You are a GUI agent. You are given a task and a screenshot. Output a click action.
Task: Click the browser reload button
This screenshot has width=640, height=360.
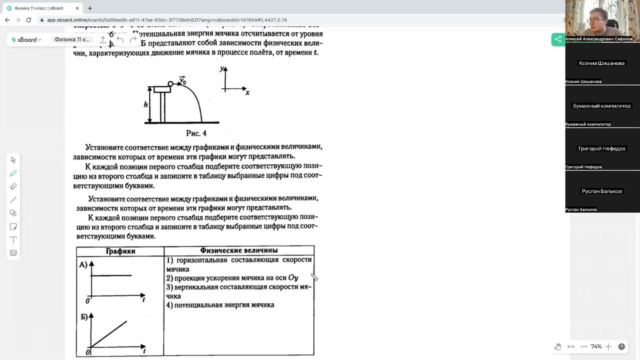click(28, 20)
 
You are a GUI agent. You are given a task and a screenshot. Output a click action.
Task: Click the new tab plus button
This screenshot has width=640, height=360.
click(90, 8)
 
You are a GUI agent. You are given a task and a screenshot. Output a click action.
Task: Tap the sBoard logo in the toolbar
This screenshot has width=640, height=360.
click(27, 39)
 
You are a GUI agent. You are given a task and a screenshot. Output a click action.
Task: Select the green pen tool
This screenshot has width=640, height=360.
click(13, 173)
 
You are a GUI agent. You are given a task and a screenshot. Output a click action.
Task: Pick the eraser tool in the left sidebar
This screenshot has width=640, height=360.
click(13, 186)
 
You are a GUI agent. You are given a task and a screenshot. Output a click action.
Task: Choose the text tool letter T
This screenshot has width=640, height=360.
click(13, 240)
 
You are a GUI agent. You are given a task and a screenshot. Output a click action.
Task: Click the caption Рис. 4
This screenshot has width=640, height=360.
click(196, 133)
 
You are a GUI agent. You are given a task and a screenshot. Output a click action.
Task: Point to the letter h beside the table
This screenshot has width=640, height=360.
click(145, 104)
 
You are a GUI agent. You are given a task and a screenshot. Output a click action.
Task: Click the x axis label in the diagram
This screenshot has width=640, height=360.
click(247, 92)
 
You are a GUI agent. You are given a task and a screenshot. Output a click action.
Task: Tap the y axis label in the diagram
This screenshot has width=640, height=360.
click(221, 69)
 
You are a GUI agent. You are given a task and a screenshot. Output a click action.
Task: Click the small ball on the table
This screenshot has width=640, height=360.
click(170, 84)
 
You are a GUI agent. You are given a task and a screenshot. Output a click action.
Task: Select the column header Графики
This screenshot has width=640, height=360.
click(120, 251)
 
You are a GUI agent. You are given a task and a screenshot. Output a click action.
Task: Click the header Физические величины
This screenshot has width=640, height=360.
click(238, 250)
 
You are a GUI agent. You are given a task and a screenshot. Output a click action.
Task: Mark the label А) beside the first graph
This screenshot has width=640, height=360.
click(83, 264)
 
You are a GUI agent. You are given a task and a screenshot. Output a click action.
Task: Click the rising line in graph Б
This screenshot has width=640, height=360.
click(109, 334)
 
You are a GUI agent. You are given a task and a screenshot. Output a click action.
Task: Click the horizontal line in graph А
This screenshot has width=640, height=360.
click(111, 275)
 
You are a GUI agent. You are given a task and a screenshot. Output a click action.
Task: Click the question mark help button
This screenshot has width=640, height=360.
click(621, 346)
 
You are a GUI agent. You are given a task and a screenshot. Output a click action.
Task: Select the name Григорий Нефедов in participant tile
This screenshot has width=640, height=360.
click(602, 148)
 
